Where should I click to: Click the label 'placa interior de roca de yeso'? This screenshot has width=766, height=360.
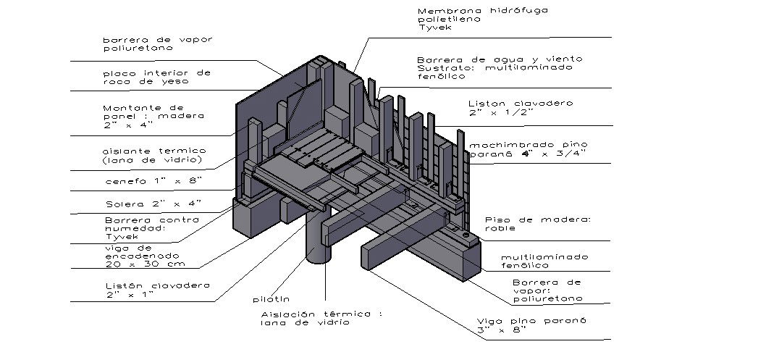pos(156,77)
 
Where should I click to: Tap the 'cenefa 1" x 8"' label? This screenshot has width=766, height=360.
pos(148,179)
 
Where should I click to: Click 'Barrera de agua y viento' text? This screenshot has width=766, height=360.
pos(500,59)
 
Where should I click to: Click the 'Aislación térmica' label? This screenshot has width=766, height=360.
pos(320,314)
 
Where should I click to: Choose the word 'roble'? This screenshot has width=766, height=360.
pos(500,227)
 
